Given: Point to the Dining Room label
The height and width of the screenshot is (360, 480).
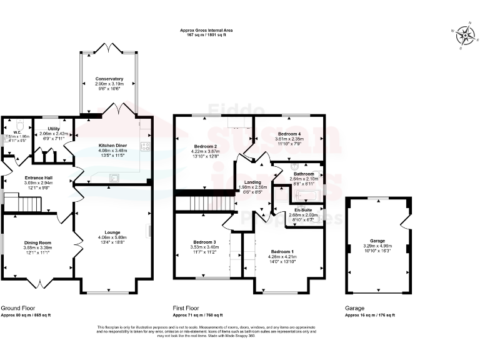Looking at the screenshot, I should [x=37, y=242].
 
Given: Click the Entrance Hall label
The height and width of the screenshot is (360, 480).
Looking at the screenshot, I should [x=38, y=178].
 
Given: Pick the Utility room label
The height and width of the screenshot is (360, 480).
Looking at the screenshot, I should [x=53, y=128].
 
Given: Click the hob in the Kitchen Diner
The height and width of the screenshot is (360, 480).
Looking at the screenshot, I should [x=145, y=147].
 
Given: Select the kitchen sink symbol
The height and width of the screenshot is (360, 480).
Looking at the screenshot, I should [x=116, y=177].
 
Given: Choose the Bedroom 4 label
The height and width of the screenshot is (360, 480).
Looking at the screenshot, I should [x=289, y=134].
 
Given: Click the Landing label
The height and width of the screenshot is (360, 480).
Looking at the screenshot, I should [x=252, y=182].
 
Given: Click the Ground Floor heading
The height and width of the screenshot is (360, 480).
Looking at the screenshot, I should [x=17, y=308].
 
